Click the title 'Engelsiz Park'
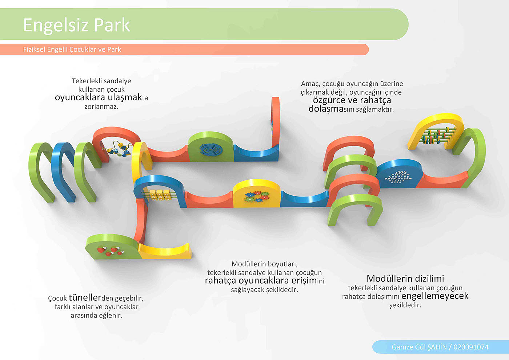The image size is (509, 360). pos(76,25)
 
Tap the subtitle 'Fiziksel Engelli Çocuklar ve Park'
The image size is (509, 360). pos(72,49)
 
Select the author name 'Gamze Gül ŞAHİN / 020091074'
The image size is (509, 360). pos(440,347)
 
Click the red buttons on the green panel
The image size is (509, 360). pos(109,250)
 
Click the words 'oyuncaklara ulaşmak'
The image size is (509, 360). pos(98,97)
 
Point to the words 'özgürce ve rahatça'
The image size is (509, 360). pos(352,100)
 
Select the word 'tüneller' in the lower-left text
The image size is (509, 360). pos(85,297)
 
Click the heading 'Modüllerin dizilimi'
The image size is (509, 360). pos(405,279)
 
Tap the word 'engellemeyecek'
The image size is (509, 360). pos(435,296)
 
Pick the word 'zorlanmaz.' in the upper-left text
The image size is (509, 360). pos(101,107)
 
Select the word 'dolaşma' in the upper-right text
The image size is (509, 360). pos(326,109)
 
